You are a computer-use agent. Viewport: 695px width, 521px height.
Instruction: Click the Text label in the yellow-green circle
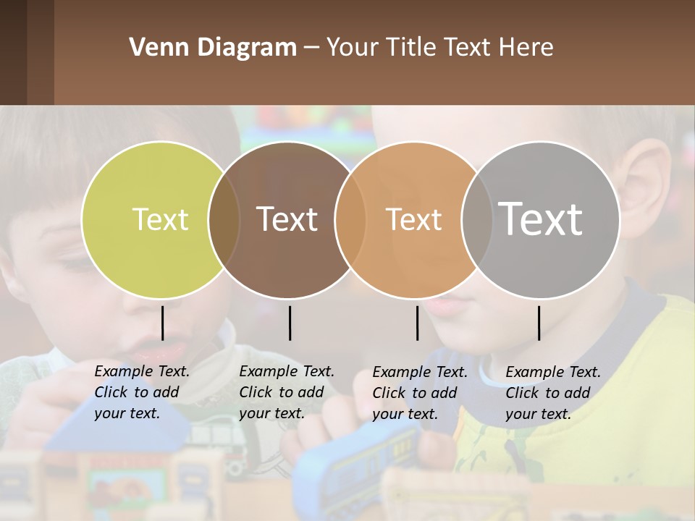tap(160, 219)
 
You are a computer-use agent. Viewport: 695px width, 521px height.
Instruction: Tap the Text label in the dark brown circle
tap(287, 219)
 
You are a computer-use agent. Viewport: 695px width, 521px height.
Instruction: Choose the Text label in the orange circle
tap(413, 220)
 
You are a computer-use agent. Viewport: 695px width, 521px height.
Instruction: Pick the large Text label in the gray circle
tap(541, 219)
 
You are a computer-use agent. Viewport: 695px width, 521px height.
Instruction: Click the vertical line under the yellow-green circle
tap(162, 323)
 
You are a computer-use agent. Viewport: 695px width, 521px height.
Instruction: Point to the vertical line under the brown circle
tap(290, 323)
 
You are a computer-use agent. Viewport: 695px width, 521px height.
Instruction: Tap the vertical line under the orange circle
tap(417, 323)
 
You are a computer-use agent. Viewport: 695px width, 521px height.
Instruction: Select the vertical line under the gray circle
tap(539, 323)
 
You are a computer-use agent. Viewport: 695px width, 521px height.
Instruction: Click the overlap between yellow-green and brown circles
tap(224, 220)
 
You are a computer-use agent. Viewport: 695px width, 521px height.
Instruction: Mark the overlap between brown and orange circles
tap(350, 220)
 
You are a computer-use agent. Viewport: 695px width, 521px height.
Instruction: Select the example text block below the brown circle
tap(287, 392)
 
